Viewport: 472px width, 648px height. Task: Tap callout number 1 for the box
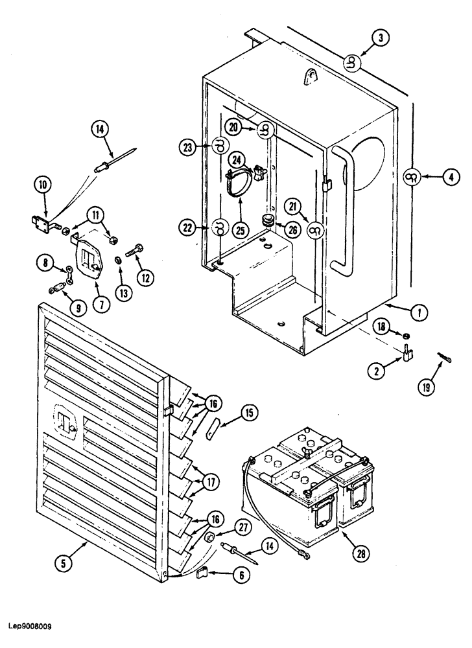(420, 313)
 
